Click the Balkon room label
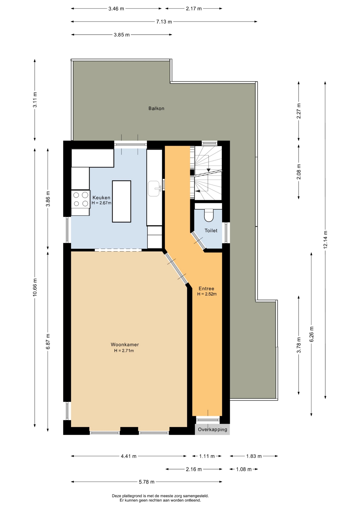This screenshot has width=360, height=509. (x=156, y=108)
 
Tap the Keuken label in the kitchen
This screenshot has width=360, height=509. (x=101, y=198)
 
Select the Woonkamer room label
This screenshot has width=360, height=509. (x=125, y=345)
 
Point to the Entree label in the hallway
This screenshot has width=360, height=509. (x=206, y=289)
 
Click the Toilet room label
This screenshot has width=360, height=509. (x=211, y=231)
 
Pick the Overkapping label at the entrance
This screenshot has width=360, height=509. (x=212, y=429)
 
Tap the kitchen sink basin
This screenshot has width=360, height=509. (x=154, y=189)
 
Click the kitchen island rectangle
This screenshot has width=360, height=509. (x=121, y=201)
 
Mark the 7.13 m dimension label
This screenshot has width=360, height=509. (x=164, y=22)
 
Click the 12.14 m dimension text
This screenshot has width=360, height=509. (x=325, y=240)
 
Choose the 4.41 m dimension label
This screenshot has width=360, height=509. (x=129, y=456)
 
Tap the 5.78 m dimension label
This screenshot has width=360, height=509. (x=147, y=482)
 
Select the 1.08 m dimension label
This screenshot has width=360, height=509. (x=244, y=469)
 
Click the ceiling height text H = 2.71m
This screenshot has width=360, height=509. (x=124, y=351)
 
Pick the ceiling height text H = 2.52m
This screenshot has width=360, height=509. (x=207, y=294)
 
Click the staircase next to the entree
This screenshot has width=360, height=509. (x=208, y=173)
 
